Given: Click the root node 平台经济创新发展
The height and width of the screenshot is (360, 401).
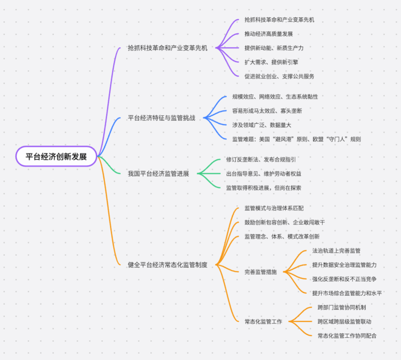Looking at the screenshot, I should [x=56, y=156].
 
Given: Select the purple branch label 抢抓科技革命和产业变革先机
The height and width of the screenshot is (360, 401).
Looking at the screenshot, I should [x=168, y=48].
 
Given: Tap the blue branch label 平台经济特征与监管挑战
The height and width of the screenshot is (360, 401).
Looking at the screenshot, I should [x=161, y=118].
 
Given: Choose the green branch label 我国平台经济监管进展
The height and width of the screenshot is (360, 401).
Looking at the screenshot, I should [x=158, y=173].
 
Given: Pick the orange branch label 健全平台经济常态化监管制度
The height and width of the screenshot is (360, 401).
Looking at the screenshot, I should [x=168, y=265].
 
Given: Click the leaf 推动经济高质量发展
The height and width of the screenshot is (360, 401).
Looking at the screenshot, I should [x=269, y=34].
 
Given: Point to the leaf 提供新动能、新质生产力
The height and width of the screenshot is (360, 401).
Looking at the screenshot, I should [x=274, y=48].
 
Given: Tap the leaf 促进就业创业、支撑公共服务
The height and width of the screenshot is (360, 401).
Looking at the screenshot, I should [x=279, y=77].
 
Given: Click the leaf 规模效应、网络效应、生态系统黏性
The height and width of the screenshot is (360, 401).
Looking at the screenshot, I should [x=275, y=97].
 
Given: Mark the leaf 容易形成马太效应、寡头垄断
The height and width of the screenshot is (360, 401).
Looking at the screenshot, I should [x=267, y=111].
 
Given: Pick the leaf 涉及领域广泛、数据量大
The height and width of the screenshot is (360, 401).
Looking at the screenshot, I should [x=261, y=125].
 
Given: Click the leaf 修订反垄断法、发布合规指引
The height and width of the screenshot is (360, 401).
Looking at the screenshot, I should [x=261, y=159].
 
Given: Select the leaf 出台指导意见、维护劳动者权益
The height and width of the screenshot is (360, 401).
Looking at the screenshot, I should [x=264, y=174].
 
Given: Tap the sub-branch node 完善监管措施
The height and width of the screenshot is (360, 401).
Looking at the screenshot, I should [x=261, y=272].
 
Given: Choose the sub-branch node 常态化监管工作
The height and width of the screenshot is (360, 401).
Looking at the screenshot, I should [x=263, y=321].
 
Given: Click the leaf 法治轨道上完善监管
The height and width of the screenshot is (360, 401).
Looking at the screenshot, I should [x=336, y=251].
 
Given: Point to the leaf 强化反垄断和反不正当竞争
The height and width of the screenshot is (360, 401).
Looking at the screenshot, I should [x=344, y=279].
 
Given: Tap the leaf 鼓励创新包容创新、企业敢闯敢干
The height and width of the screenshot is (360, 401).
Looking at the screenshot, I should [x=285, y=222].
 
